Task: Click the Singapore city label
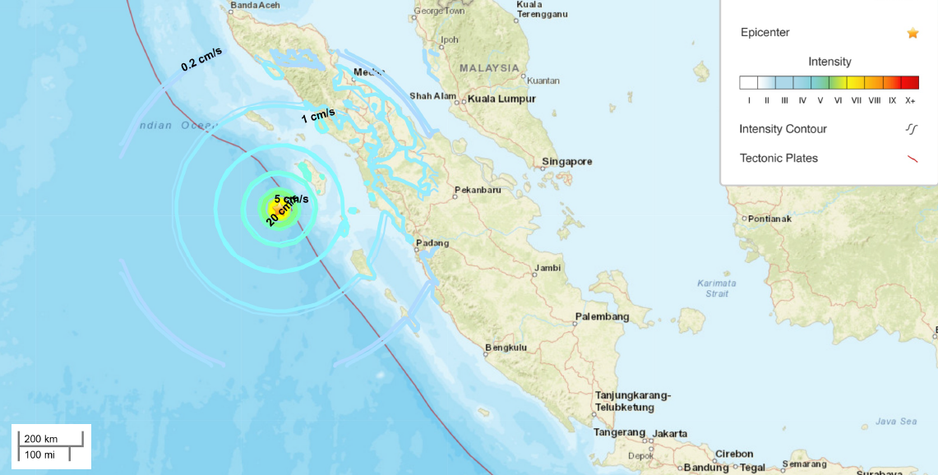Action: click(567, 162)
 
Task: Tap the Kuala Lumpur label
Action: click(501, 99)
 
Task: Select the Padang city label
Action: click(433, 243)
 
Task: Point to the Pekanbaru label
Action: click(478, 191)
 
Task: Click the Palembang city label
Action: click(602, 317)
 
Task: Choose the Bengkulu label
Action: click(506, 348)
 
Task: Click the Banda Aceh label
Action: click(255, 6)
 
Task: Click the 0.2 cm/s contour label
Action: click(201, 59)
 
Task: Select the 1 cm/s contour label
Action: click(317, 116)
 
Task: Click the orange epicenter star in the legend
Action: click(913, 33)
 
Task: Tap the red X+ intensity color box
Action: click(910, 82)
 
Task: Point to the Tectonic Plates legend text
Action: click(779, 159)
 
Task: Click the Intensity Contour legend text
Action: click(783, 129)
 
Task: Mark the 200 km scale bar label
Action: click(40, 439)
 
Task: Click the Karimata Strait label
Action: click(717, 288)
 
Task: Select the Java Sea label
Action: click(896, 422)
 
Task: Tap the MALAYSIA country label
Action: click(489, 68)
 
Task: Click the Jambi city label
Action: click(548, 268)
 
